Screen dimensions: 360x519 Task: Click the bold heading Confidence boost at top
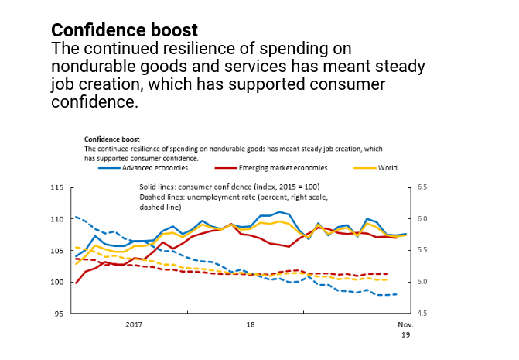point(124,30)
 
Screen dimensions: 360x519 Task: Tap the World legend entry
point(388,167)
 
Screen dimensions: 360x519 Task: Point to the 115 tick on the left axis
point(56,187)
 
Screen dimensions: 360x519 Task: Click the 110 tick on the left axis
point(56,219)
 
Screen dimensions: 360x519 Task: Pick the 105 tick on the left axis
point(56,251)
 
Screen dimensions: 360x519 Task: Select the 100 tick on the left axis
point(56,282)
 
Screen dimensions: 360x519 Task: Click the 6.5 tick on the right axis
point(423,187)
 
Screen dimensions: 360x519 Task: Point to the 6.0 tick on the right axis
point(423,219)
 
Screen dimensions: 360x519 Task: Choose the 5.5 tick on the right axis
point(423,251)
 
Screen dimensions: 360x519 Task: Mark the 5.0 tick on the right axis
point(423,282)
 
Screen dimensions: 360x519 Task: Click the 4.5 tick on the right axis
point(423,314)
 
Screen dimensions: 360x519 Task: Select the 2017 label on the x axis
point(134,324)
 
